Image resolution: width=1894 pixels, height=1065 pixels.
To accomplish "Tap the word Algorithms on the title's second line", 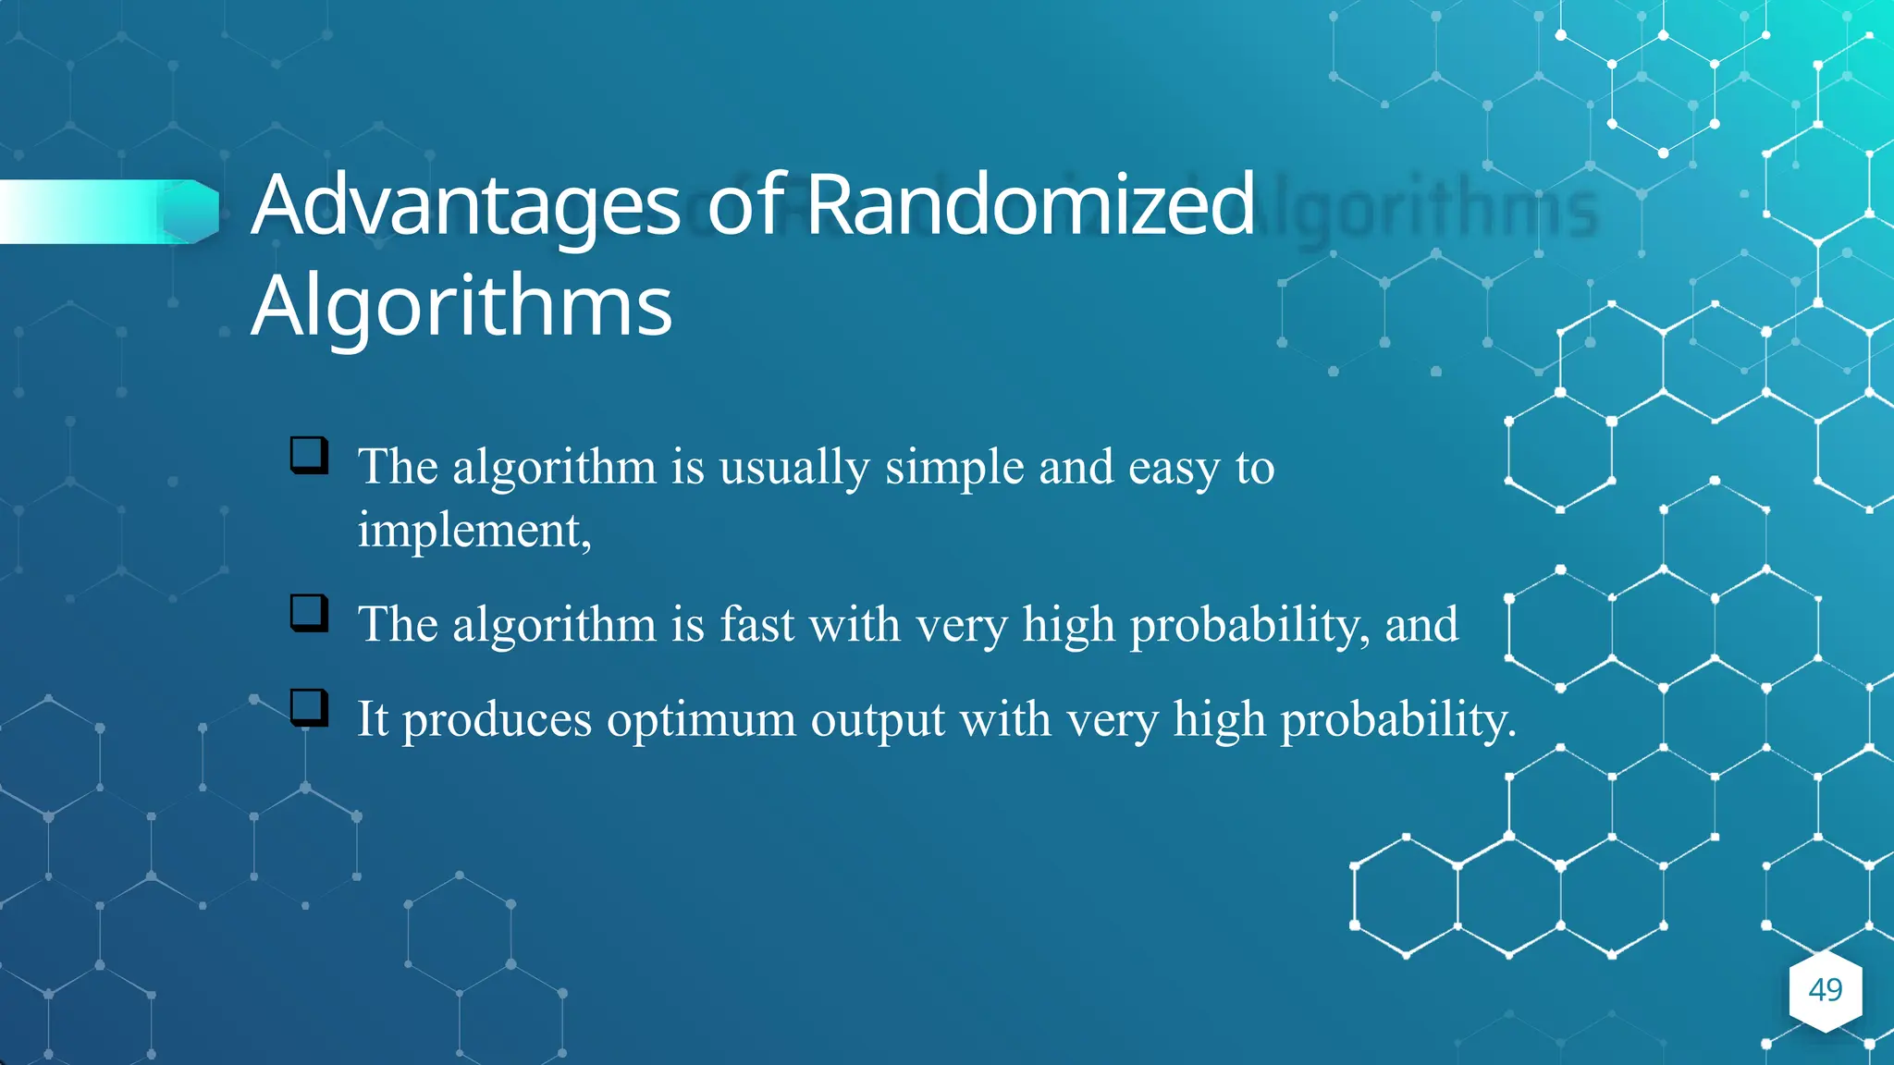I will pos(461,306).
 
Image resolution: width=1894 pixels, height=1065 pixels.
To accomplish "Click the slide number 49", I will pos(1825,990).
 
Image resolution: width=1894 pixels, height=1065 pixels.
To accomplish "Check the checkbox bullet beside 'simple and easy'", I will pos(309,455).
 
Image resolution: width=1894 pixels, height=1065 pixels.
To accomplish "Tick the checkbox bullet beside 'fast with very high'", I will pos(309,613).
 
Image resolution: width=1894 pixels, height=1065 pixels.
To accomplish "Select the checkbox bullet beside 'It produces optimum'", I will pos(309,707).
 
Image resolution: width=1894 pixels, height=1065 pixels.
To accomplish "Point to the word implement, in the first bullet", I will pos(474,531).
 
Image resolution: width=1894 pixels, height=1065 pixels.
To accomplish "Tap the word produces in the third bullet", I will pos(497,720).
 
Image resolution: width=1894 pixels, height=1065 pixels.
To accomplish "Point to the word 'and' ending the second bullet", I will pos(1421,624).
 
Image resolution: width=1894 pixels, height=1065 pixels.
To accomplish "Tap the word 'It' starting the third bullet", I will pos(373,718).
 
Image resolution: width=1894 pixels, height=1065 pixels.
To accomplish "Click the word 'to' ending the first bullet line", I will pos(1255,467).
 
